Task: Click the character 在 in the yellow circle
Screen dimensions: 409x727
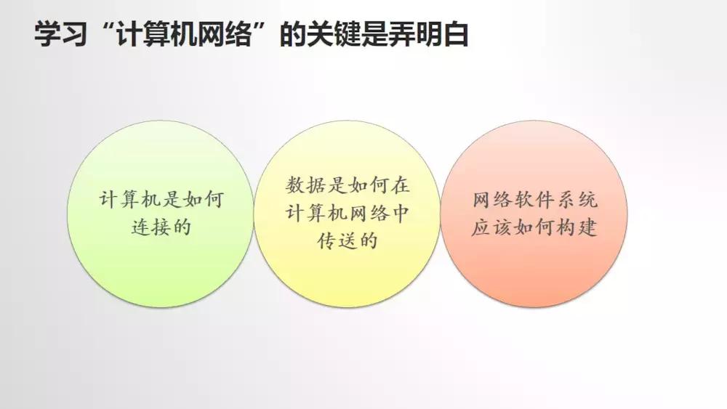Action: [x=399, y=185]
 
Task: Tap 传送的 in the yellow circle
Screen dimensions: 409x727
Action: [x=347, y=240]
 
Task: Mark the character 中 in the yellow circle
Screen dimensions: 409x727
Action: [x=398, y=213]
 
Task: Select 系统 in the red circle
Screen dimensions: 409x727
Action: [x=581, y=201]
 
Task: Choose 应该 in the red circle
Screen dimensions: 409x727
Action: [x=487, y=227]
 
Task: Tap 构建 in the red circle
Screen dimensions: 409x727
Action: [x=581, y=227]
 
